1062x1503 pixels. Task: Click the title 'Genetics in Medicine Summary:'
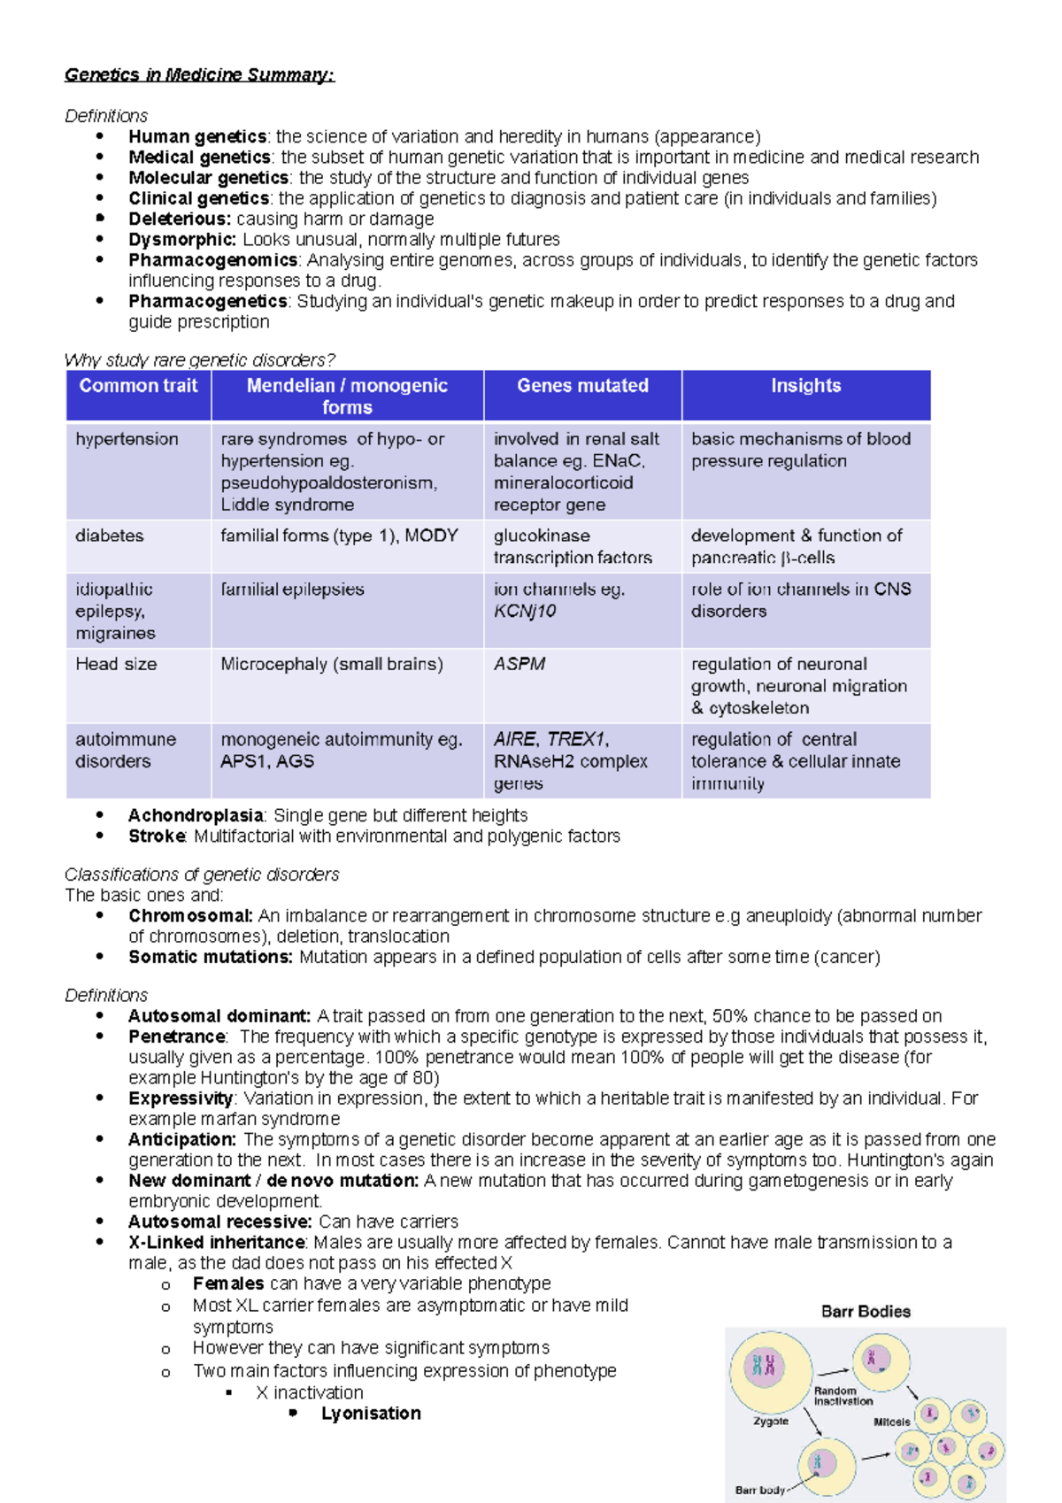point(199,75)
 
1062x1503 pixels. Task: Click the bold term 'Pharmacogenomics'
point(212,260)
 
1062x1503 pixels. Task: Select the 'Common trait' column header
point(138,386)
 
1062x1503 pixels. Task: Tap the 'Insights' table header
point(805,386)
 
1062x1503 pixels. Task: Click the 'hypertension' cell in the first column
point(127,439)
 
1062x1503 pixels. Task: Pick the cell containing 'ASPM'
point(519,664)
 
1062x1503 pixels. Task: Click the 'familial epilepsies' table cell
point(292,590)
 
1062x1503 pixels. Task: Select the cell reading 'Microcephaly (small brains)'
point(332,664)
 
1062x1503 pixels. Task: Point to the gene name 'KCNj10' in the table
point(525,611)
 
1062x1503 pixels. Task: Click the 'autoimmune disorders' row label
point(125,750)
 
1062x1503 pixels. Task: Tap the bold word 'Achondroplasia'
point(196,815)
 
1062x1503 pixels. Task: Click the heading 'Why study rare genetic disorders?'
point(200,360)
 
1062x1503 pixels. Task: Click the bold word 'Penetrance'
point(177,1037)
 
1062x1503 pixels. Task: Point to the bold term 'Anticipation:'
point(182,1139)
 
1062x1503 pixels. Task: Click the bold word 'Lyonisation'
point(371,1414)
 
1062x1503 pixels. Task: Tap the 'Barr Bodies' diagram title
point(866,1312)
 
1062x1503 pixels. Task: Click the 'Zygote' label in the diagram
point(770,1422)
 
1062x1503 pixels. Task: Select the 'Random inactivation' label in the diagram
point(843,1396)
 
